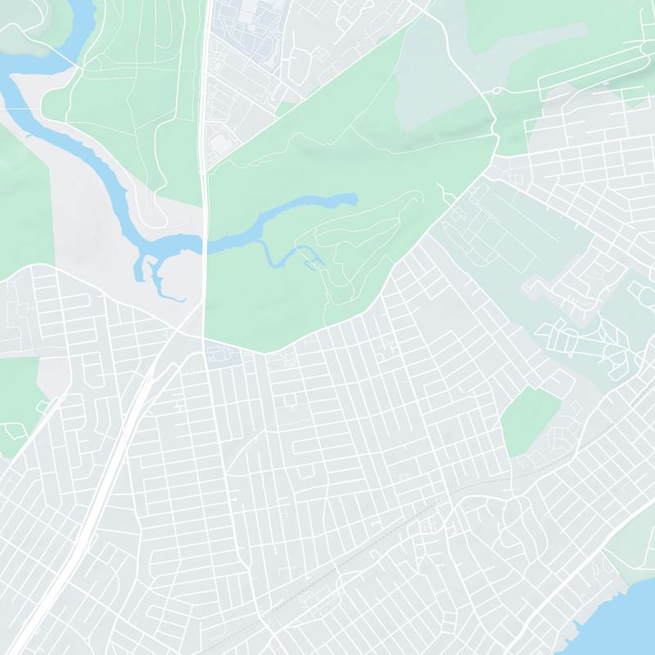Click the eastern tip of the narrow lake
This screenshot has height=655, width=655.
[355, 198]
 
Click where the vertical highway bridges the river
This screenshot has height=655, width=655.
[205, 244]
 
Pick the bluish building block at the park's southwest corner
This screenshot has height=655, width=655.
[219, 355]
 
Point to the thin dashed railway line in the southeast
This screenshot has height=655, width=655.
[458, 491]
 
